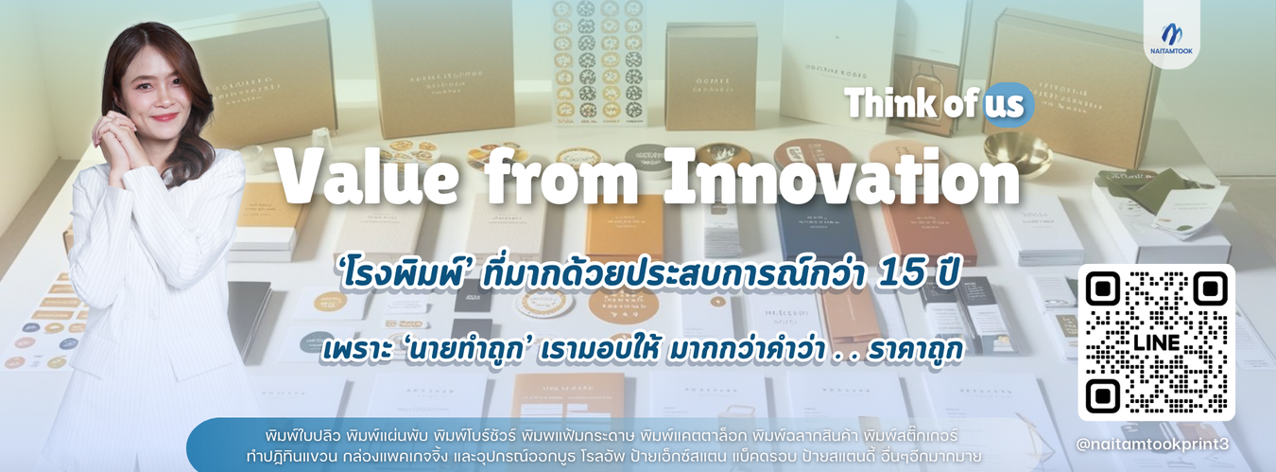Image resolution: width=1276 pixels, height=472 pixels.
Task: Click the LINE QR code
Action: pos(1155,342)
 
